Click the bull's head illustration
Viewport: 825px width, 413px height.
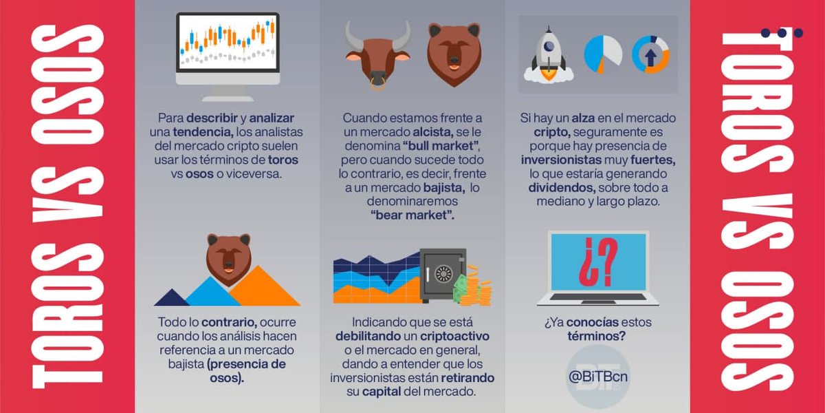tap(377, 55)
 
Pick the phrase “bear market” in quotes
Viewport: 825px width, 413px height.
tap(412, 216)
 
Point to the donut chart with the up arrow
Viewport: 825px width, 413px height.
tap(650, 54)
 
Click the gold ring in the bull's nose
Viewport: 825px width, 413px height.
tap(377, 85)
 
